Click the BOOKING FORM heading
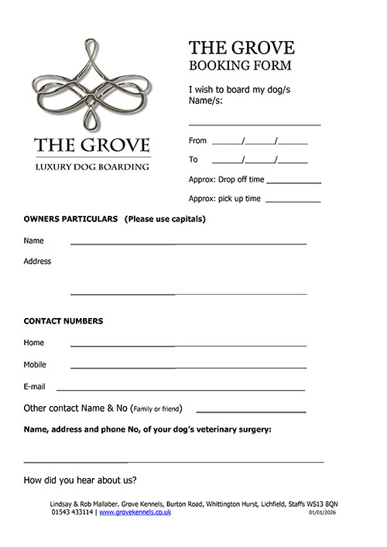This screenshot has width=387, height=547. point(240,66)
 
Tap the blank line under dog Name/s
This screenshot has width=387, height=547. point(255,123)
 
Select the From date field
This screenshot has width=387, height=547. point(259,142)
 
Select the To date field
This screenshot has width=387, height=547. point(259,161)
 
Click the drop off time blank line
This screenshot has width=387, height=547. point(293,181)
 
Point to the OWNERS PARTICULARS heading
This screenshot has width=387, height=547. point(70,219)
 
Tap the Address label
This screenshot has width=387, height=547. point(37,262)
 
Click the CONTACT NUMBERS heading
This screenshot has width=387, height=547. point(63,321)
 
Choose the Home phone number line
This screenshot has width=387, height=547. point(188,344)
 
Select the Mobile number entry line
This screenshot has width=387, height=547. point(188,367)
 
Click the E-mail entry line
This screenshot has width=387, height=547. point(180,389)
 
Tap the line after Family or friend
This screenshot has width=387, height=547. point(251,411)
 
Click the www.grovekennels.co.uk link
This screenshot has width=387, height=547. point(135,513)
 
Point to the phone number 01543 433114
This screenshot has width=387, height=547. point(73,513)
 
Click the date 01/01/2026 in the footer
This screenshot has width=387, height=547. point(323,513)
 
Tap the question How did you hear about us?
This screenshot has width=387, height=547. point(80,480)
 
